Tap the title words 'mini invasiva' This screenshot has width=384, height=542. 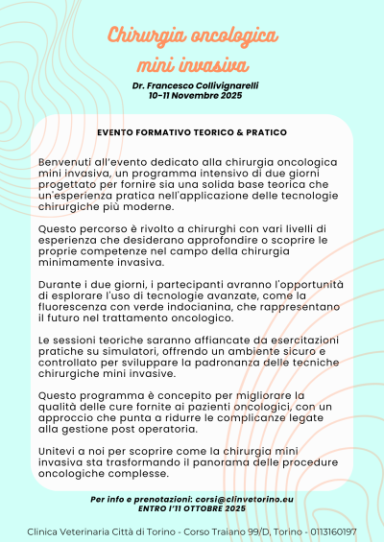[x=192, y=65]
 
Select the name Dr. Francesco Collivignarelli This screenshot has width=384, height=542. [x=192, y=86]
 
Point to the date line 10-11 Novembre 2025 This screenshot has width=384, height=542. [x=192, y=97]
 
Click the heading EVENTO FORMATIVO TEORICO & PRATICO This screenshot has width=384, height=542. [x=192, y=130]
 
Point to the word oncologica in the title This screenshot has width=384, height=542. [x=233, y=36]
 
